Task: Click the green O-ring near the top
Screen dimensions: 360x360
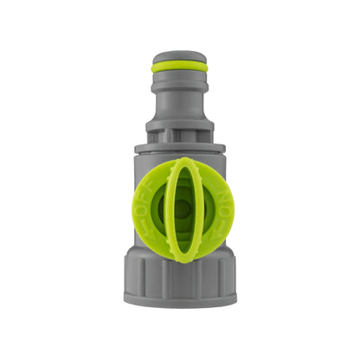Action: click(x=179, y=67)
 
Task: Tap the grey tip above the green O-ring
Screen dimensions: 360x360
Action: click(x=179, y=56)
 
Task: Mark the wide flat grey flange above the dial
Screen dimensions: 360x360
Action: click(x=179, y=148)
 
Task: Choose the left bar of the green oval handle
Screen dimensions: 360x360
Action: click(x=168, y=209)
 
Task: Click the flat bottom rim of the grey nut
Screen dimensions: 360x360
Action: click(x=179, y=299)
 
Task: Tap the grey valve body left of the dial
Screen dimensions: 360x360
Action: click(x=136, y=199)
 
